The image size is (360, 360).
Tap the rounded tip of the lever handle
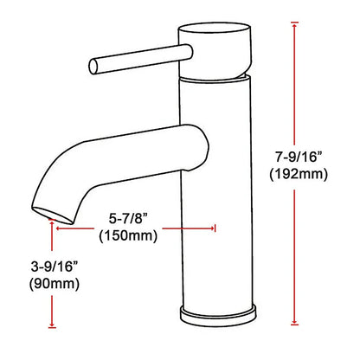point(93,64)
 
